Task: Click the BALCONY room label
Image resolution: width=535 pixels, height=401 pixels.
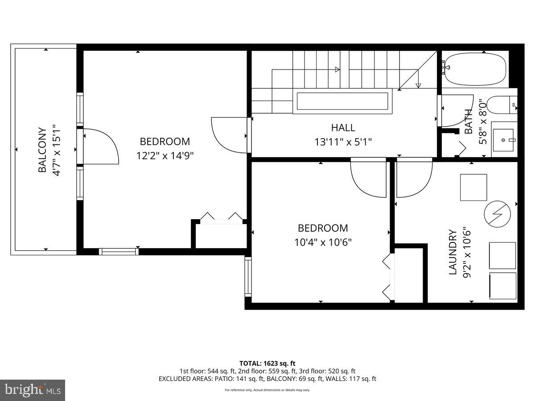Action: click(x=42, y=150)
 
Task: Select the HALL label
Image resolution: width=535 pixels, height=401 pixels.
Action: click(x=343, y=128)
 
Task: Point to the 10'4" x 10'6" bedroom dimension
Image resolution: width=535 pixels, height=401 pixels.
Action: click(x=323, y=242)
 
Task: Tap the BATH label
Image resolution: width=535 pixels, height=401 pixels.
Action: click(x=469, y=122)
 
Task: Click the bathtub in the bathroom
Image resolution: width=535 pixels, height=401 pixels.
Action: click(x=476, y=70)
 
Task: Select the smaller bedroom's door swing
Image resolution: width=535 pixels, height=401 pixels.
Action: click(x=369, y=178)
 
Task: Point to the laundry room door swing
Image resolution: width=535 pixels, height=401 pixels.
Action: click(x=414, y=178)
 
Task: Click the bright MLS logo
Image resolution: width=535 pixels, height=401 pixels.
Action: click(x=33, y=390)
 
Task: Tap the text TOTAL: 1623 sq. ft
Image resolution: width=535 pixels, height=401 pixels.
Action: click(x=267, y=363)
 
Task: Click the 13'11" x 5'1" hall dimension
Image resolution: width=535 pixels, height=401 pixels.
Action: click(x=343, y=142)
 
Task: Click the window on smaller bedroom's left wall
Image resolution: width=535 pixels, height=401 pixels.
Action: click(x=248, y=277)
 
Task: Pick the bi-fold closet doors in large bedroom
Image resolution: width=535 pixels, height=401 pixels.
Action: click(x=221, y=217)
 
